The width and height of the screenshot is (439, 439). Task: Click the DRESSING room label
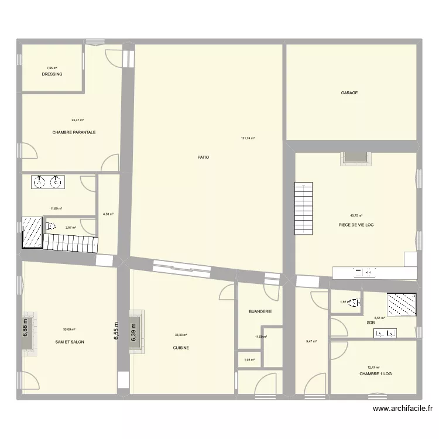pyautogui.click(x=52, y=74)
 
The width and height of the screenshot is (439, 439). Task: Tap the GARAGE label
pyautogui.click(x=349, y=93)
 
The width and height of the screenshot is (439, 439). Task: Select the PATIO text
pyautogui.click(x=203, y=157)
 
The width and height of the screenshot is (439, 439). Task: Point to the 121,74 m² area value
pyautogui.click(x=248, y=138)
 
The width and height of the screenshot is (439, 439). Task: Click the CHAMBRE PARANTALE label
pyautogui.click(x=74, y=132)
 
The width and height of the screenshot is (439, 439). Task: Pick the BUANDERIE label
pyautogui.click(x=260, y=312)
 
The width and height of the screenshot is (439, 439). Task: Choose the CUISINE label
pyautogui.click(x=181, y=348)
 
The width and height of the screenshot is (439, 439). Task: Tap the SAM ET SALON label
pyautogui.click(x=70, y=342)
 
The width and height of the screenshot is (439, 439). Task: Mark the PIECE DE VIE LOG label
pyautogui.click(x=356, y=225)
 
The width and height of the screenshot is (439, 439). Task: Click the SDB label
pyautogui.click(x=371, y=323)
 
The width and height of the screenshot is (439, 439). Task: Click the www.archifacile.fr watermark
pyautogui.click(x=403, y=409)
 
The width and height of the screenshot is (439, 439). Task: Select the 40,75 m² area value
pyautogui.click(x=356, y=216)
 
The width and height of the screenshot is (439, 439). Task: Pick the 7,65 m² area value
pyautogui.click(x=52, y=68)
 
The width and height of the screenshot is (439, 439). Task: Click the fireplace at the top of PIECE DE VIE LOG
pyautogui.click(x=355, y=157)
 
